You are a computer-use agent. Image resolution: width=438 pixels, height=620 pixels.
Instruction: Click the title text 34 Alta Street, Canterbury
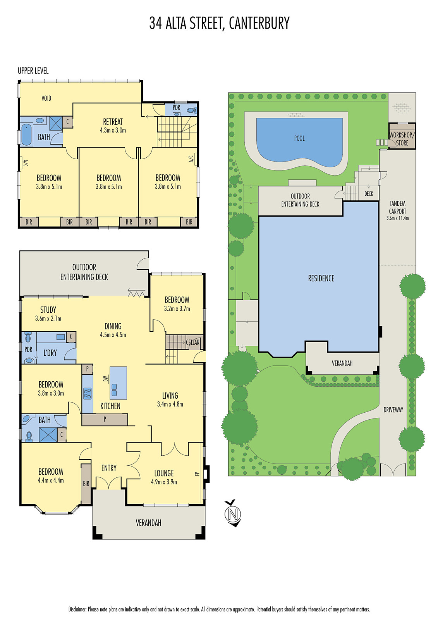(219, 23)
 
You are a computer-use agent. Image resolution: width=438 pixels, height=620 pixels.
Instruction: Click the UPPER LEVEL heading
(33, 71)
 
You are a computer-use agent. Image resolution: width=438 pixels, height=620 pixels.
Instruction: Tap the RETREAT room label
(113, 122)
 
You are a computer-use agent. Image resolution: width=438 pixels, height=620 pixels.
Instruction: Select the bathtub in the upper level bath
(26, 134)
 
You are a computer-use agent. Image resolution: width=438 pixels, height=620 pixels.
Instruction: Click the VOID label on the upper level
(46, 98)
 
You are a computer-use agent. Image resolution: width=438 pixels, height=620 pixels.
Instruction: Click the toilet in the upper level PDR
(191, 110)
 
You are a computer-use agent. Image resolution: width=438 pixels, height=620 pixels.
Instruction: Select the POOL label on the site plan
(299, 138)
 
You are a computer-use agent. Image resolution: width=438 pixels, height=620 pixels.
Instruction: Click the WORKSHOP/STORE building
(402, 136)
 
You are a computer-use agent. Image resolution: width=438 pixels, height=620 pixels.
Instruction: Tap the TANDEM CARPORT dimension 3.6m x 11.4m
(397, 218)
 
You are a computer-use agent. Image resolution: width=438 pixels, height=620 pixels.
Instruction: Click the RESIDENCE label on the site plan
(321, 278)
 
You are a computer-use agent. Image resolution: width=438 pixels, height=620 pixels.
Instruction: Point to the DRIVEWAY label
(393, 410)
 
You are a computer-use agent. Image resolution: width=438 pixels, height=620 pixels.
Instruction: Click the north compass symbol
(233, 514)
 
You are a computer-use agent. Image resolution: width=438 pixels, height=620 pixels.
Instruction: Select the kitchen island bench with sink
(118, 383)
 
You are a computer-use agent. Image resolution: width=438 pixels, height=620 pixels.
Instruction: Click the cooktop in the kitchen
(88, 393)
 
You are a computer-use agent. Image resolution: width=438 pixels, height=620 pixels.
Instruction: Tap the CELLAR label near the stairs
(192, 343)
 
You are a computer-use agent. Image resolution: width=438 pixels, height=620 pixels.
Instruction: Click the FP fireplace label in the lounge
(197, 474)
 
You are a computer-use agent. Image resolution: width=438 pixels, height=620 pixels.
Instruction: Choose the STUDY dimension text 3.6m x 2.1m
(48, 319)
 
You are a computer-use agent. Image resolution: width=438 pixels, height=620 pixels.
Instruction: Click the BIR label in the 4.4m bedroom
(86, 484)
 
